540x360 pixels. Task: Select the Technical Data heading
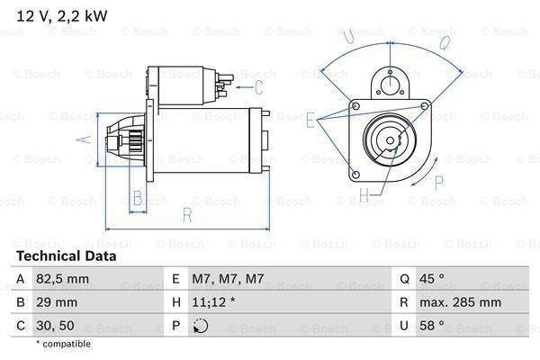[65, 256]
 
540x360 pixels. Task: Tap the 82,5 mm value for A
[63, 280]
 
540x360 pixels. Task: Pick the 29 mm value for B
[57, 303]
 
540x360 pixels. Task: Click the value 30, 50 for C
[54, 327]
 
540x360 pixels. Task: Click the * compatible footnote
[64, 344]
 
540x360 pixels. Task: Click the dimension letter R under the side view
[186, 214]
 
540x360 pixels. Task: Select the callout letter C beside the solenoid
[259, 87]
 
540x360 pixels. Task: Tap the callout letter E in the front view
[310, 118]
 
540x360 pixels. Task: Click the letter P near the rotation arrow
[439, 183]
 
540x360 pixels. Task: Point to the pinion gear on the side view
[126, 141]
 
